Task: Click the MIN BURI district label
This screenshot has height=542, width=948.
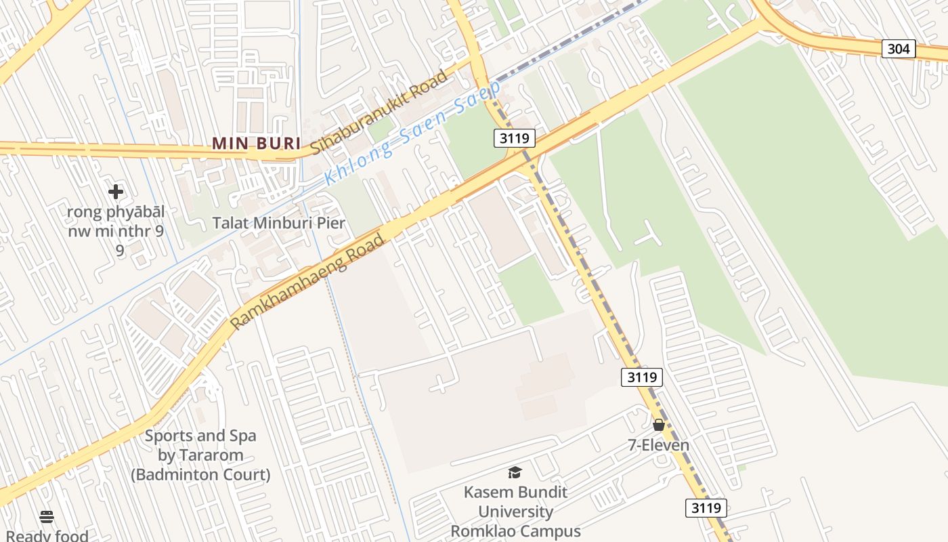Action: click(257, 143)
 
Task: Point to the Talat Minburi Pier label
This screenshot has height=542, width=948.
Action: click(279, 223)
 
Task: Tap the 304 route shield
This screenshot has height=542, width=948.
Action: click(899, 49)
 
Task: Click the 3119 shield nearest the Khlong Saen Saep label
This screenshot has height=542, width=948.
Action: click(514, 138)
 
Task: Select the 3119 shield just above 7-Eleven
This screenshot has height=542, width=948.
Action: click(641, 377)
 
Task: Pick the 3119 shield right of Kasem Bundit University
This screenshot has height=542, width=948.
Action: click(706, 507)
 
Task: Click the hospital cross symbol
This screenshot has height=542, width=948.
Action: click(116, 192)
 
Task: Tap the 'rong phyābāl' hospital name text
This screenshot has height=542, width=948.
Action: click(115, 212)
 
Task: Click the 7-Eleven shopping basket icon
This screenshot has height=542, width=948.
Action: click(658, 425)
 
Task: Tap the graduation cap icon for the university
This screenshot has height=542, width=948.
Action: click(515, 472)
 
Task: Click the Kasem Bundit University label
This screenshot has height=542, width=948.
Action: click(515, 501)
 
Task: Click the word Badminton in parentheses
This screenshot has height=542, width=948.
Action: click(177, 475)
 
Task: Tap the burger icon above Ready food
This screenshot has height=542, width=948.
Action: click(47, 517)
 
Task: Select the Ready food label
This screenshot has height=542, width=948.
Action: click(47, 536)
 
